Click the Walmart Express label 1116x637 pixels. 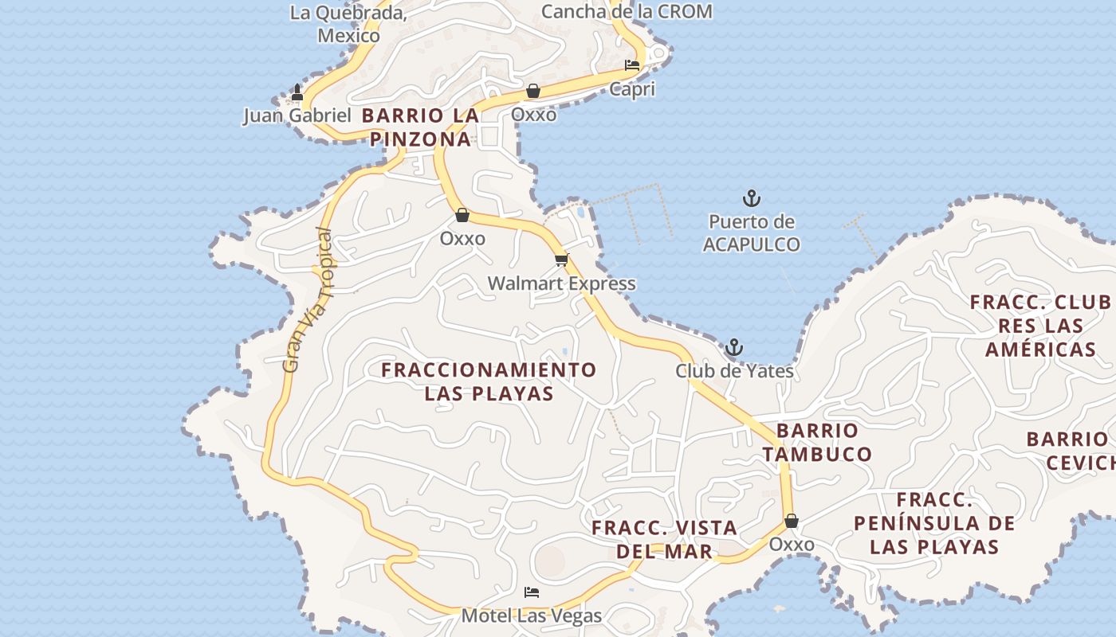561,283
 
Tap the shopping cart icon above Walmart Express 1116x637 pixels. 562,260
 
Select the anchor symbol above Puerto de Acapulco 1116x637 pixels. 751,198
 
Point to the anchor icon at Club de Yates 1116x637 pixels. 733,347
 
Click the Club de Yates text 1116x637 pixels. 734,371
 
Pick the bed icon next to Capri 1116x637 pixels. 632,65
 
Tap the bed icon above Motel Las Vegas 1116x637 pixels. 532,592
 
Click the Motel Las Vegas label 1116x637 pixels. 532,616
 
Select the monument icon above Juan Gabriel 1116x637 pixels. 297,92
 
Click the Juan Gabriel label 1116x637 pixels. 297,115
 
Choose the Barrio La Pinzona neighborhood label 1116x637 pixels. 420,127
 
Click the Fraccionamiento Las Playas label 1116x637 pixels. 489,381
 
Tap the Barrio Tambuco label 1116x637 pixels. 817,443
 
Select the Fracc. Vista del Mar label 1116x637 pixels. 664,539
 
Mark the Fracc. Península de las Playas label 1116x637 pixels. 934,523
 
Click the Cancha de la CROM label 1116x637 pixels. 627,11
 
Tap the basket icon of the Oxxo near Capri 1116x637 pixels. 533,91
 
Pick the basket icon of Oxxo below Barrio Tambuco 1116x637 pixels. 792,521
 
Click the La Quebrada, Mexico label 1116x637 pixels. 348,24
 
